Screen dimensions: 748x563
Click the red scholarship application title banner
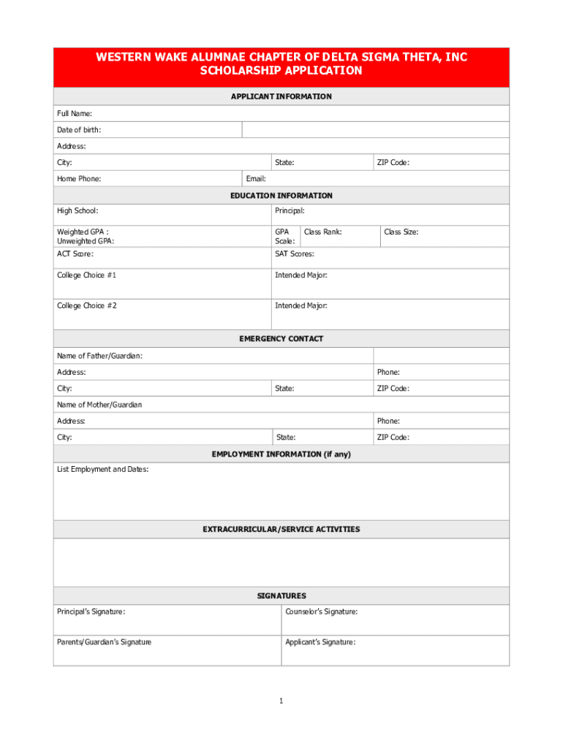281,64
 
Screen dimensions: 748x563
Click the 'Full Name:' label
75,114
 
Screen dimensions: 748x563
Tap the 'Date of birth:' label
79,130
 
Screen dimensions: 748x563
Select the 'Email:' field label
256,179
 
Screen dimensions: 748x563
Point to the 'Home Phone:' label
79,179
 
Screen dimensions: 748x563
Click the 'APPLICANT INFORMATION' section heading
281,96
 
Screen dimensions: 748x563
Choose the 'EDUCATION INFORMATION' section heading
281,196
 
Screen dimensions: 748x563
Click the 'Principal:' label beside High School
290,211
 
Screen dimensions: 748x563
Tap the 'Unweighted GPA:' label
86,241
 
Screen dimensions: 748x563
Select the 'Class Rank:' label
322,232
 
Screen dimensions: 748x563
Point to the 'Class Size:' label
401,232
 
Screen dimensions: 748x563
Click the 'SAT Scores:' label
295,254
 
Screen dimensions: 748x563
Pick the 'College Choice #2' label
87,306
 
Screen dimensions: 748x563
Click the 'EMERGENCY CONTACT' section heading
281,339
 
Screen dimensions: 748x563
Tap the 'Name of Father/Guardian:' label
99,356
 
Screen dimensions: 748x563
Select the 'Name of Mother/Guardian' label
99,405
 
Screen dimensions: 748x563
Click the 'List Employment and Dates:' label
103,470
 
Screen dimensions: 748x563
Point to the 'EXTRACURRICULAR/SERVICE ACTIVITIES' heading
281,529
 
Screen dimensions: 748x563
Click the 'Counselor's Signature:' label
322,612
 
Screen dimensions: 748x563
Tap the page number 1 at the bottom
281,701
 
